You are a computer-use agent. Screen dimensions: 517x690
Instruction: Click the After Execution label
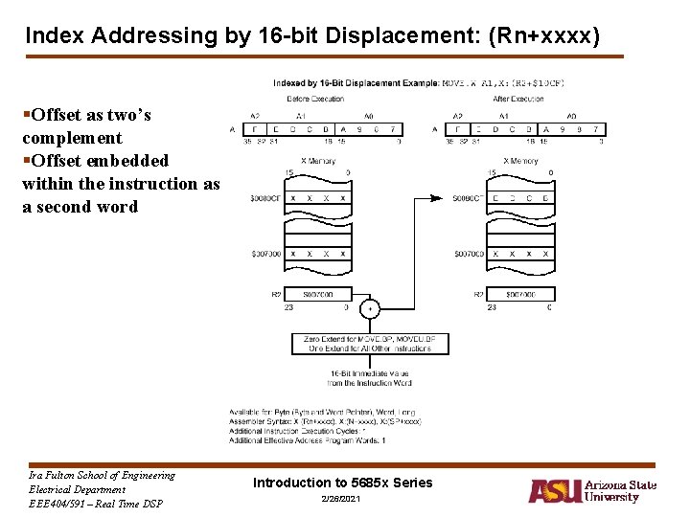518,99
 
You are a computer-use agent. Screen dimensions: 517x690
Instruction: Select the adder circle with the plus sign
370,309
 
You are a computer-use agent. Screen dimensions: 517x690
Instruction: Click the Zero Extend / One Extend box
370,344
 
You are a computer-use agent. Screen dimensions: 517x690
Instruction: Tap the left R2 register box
317,295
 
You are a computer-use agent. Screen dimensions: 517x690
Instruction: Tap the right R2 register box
520,295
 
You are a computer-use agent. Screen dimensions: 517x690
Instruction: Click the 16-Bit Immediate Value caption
370,377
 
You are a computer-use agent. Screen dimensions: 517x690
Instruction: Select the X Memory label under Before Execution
317,161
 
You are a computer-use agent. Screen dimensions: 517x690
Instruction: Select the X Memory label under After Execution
520,161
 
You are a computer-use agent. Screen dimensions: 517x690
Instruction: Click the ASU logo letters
554,491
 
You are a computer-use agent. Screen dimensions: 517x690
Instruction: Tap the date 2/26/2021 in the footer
342,502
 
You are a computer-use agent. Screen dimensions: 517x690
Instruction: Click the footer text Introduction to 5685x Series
342,483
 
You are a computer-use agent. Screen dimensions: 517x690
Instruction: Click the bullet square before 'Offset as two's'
25,116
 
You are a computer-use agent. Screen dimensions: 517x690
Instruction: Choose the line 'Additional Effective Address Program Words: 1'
307,440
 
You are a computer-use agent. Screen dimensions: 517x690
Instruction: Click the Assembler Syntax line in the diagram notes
324,421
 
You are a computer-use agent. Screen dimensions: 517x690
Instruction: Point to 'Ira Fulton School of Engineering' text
102,476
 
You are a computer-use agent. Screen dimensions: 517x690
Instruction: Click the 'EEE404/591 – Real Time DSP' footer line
96,504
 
